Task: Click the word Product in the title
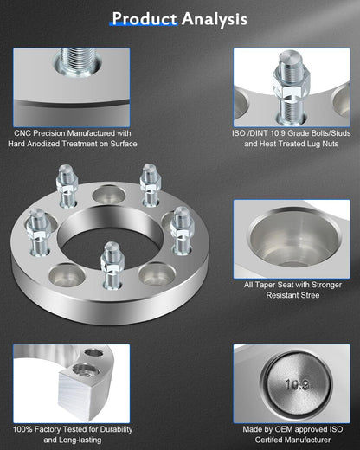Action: click(145, 18)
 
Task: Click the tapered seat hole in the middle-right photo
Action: click(289, 239)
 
